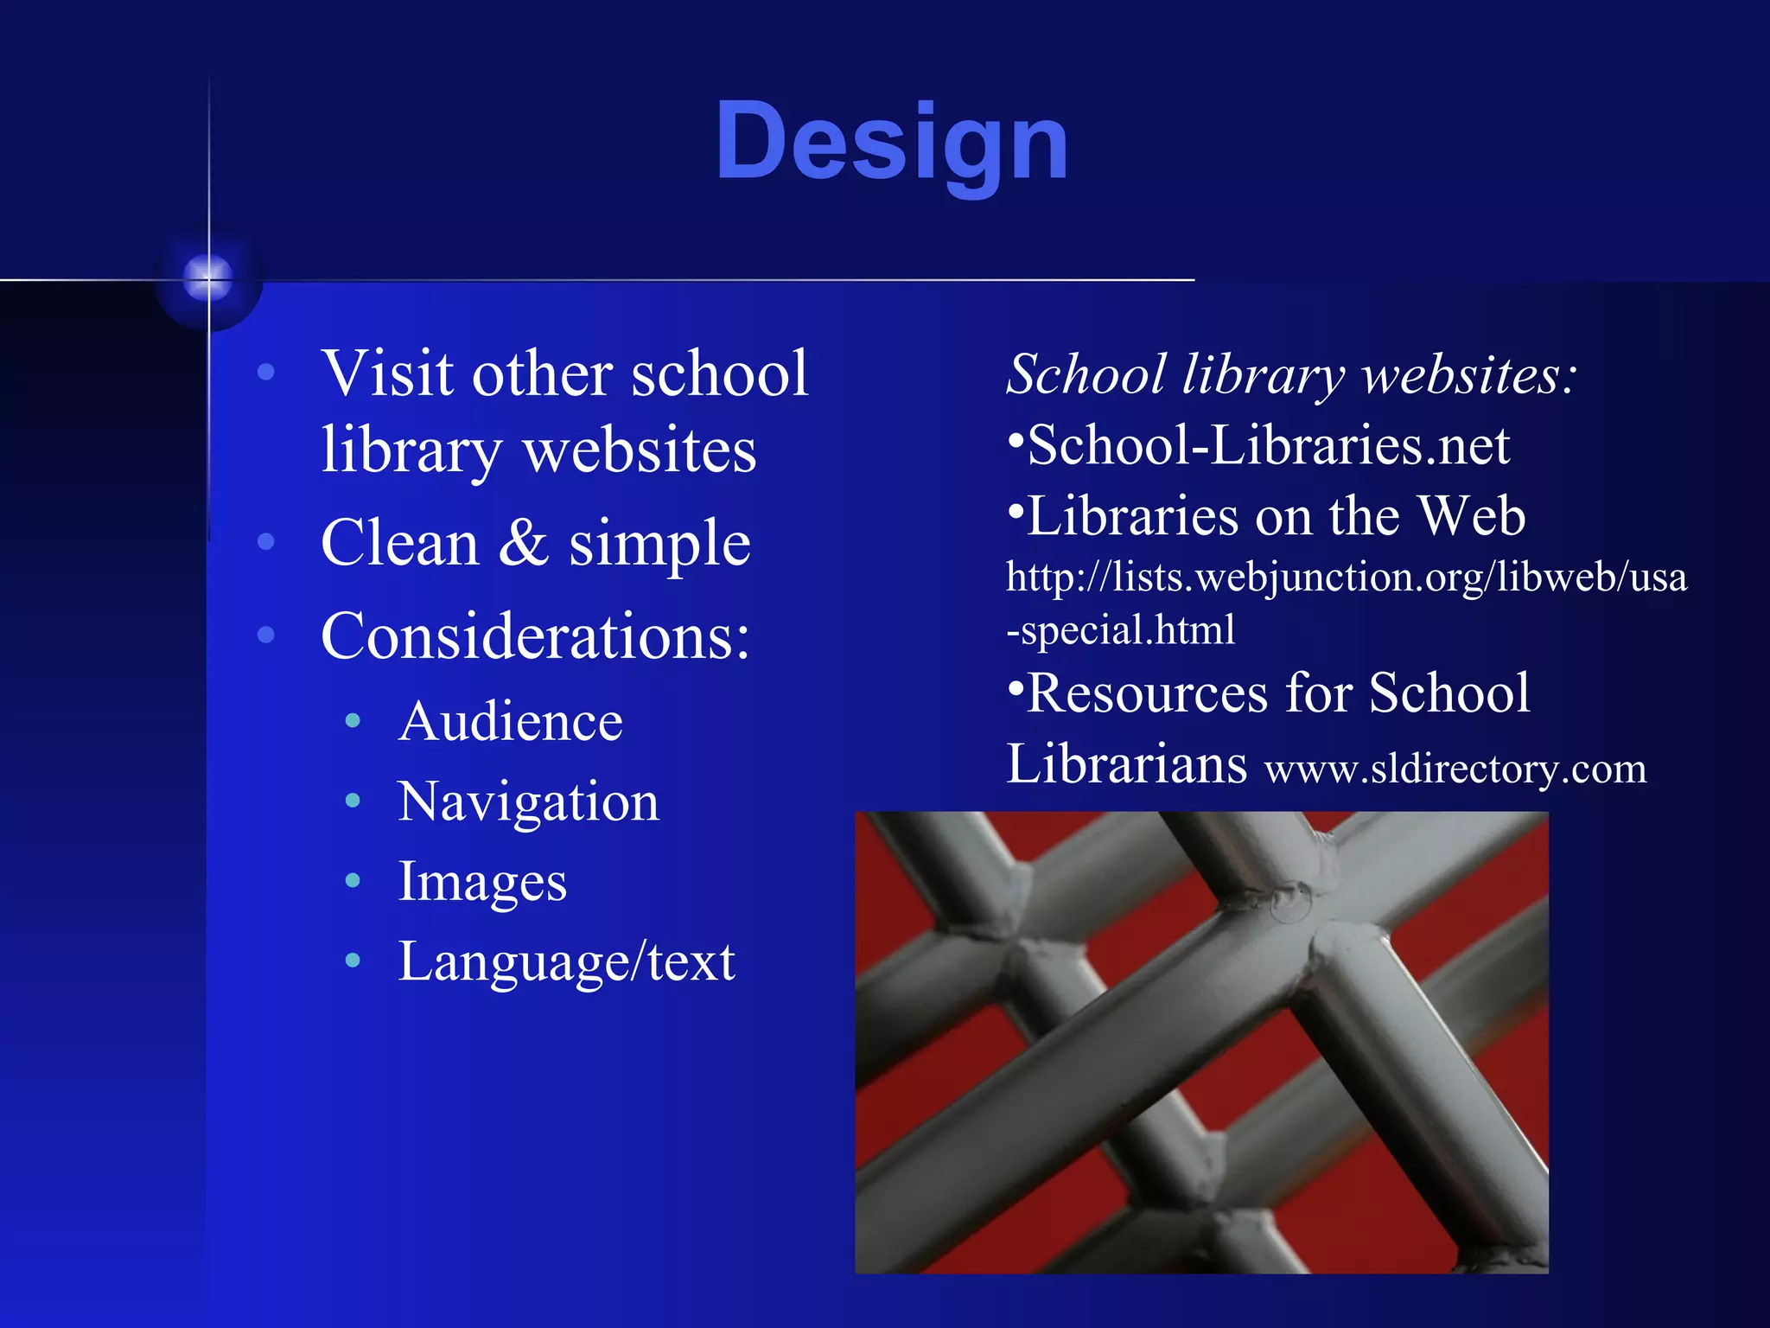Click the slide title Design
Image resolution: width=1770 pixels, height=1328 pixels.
pyautogui.click(x=892, y=143)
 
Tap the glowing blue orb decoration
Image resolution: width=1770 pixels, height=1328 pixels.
pyautogui.click(x=208, y=278)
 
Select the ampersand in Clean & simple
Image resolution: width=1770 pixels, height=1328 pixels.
pyautogui.click(x=524, y=543)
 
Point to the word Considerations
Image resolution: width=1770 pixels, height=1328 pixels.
pyautogui.click(x=534, y=636)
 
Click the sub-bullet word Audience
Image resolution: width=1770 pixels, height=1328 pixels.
pyautogui.click(x=510, y=721)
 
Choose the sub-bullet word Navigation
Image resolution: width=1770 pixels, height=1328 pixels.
pyautogui.click(x=528, y=802)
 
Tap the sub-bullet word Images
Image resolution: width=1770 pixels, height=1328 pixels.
pyautogui.click(x=482, y=882)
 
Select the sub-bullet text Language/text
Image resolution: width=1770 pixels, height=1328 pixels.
pyautogui.click(x=566, y=961)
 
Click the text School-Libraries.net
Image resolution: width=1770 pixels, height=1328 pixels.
pyautogui.click(x=1268, y=446)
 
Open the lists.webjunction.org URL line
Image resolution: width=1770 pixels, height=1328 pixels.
pyautogui.click(x=1346, y=577)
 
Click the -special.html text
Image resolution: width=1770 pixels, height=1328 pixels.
pyautogui.click(x=1121, y=629)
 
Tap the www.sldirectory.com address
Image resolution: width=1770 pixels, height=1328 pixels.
pyautogui.click(x=1455, y=769)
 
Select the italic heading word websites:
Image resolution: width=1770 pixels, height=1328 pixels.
pyautogui.click(x=1469, y=376)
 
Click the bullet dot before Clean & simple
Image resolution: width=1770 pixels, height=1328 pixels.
pyautogui.click(x=266, y=542)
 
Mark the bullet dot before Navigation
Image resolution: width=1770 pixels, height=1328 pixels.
pyautogui.click(x=353, y=801)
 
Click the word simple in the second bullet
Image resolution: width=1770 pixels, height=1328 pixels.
pyautogui.click(x=659, y=545)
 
